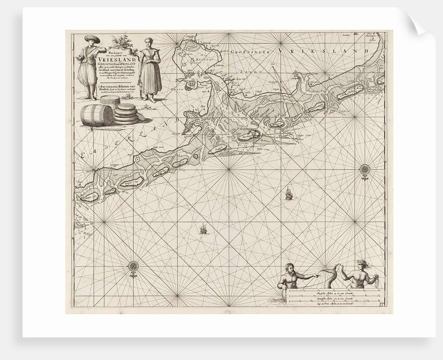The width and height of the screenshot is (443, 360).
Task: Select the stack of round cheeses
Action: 127,114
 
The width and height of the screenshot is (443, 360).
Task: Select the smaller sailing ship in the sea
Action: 202,229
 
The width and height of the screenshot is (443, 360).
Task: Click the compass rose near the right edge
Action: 363,169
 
